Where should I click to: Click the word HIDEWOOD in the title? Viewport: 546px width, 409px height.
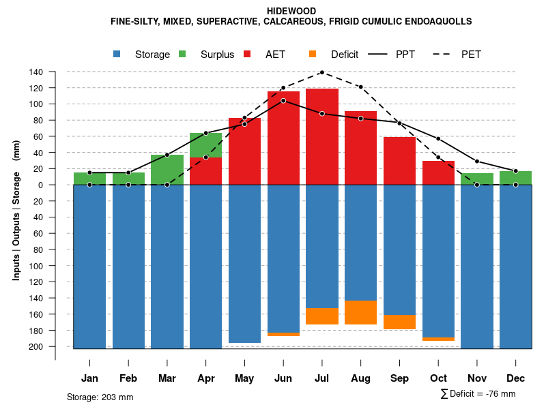pos(291,12)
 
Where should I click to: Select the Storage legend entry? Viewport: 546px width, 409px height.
pos(152,55)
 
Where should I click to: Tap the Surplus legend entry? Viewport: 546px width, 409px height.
pos(217,55)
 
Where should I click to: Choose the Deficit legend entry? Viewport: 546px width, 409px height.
pos(349,55)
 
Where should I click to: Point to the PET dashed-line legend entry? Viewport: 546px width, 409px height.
pos(471,55)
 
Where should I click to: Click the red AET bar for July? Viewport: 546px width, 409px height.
pos(322,136)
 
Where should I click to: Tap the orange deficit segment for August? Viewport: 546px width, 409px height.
pos(361,312)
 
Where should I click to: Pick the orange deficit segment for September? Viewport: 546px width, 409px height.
pos(399,322)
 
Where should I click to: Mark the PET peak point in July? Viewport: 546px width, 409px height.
pos(322,72)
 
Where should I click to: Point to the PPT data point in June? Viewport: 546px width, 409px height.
pos(283,101)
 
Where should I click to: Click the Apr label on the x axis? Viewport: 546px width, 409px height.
pos(206,378)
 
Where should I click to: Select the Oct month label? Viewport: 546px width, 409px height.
pos(438,378)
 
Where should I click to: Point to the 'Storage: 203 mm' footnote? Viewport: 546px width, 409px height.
pos(100,397)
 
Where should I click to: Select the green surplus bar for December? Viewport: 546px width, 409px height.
pos(515,178)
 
